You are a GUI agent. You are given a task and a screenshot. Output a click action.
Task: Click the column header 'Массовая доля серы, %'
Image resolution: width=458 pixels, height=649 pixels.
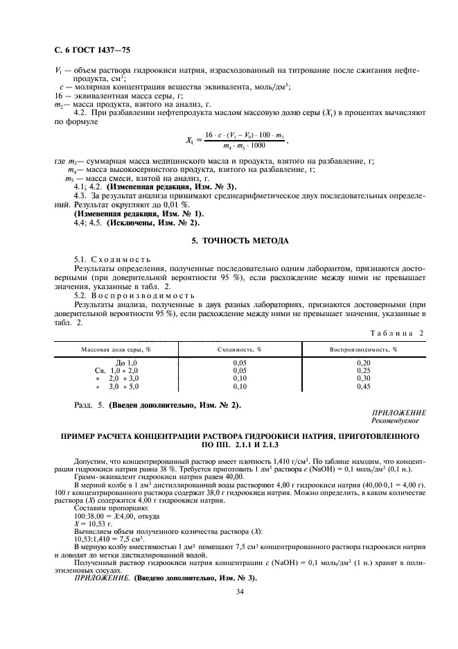click(116, 349)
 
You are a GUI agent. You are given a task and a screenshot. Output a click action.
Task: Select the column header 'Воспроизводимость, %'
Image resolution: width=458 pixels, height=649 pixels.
click(363, 349)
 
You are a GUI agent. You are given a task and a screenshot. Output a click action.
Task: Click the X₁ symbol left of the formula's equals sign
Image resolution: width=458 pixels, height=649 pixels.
click(191, 139)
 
